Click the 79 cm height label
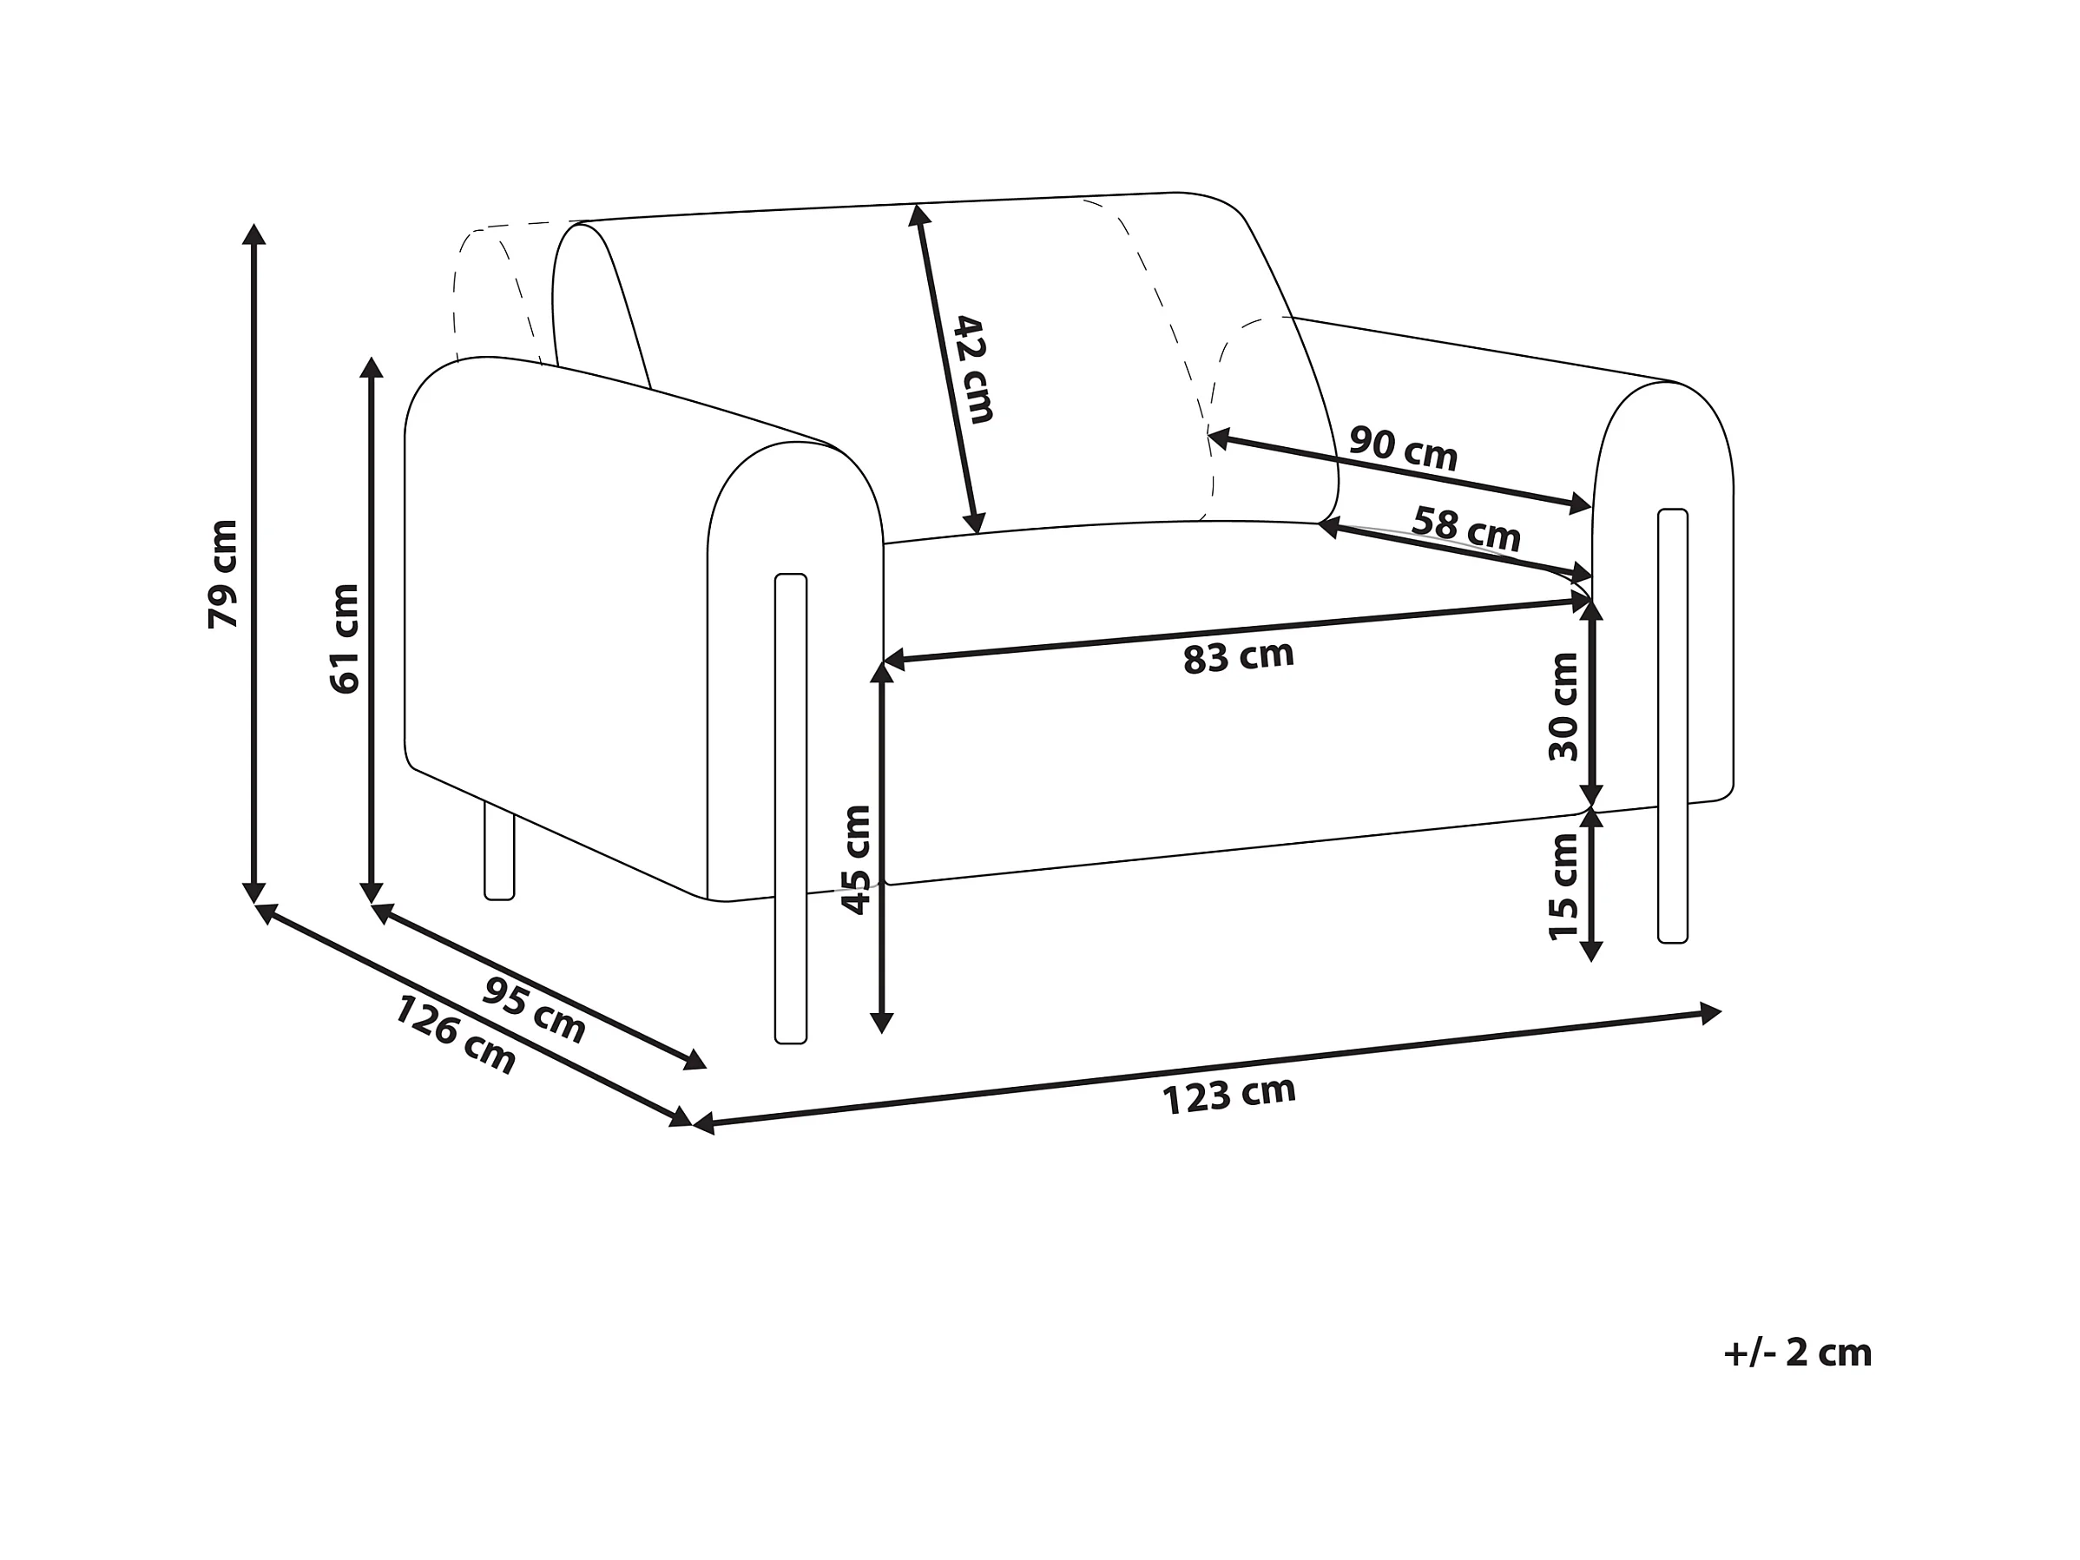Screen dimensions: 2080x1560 pyautogui.click(x=224, y=573)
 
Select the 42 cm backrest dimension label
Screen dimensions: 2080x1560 pyautogui.click(x=973, y=370)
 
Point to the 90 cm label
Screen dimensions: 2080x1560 pyautogui.click(x=1403, y=449)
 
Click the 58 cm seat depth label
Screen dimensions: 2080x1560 pyautogui.click(x=1466, y=530)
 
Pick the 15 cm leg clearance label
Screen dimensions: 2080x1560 pyautogui.click(x=1563, y=885)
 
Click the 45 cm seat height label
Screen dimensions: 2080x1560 pyautogui.click(x=856, y=859)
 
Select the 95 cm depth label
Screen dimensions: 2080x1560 pyautogui.click(x=534, y=1010)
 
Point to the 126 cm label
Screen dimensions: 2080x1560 pyautogui.click(x=455, y=1035)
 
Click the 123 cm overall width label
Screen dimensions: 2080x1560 pyautogui.click(x=1229, y=1095)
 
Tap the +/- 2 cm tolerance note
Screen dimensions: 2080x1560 pyautogui.click(x=1797, y=1353)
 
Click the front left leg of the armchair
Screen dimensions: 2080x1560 pyautogui.click(x=791, y=809)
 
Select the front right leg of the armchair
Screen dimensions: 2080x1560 pyautogui.click(x=1672, y=725)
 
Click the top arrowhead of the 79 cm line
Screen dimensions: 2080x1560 pyautogui.click(x=253, y=234)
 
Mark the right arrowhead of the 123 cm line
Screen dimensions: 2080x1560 pyautogui.click(x=1710, y=1013)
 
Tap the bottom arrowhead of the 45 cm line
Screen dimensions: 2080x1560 pyautogui.click(x=881, y=1024)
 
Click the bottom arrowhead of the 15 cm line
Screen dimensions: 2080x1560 pyautogui.click(x=1590, y=951)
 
